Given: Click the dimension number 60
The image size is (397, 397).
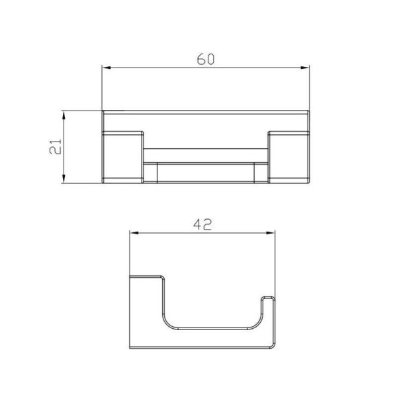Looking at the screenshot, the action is pyautogui.click(x=206, y=59).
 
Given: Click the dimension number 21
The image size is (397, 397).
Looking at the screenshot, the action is pyautogui.click(x=56, y=147).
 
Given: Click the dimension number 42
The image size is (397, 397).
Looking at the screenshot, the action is pyautogui.click(x=202, y=224).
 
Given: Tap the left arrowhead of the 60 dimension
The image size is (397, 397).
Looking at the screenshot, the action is pyautogui.click(x=107, y=67).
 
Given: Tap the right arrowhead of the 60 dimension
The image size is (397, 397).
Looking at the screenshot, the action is pyautogui.click(x=304, y=67).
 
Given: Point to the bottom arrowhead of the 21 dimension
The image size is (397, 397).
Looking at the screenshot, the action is pyautogui.click(x=64, y=179).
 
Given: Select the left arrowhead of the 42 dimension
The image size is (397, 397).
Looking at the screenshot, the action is pyautogui.click(x=134, y=233).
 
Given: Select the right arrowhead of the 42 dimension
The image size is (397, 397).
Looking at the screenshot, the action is pyautogui.click(x=271, y=233).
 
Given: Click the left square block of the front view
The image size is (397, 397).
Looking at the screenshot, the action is pyautogui.click(x=123, y=157).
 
